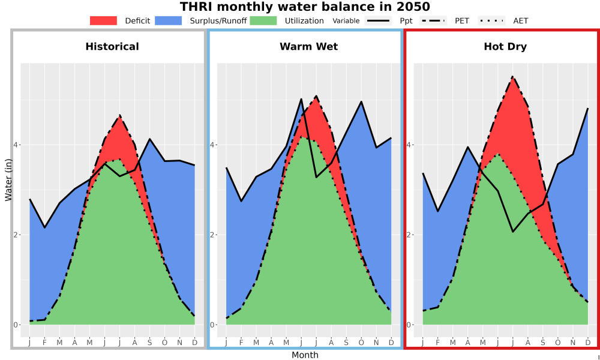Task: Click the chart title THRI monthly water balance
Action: coord(305,7)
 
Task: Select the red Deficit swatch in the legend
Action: coord(103,20)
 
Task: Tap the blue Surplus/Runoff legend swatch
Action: coord(169,20)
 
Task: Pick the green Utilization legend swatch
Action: coord(263,20)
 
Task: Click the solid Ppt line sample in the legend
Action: coord(378,20)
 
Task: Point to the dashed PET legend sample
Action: coord(433,20)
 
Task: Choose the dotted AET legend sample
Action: coord(491,20)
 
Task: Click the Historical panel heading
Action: coord(112,47)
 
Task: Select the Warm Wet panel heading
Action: coord(309,47)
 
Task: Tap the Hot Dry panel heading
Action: coord(505,47)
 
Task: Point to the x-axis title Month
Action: coord(305,355)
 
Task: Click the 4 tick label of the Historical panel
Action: coord(16,145)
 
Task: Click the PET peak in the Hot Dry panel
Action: coord(512,77)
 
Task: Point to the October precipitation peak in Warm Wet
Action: coord(361,102)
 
